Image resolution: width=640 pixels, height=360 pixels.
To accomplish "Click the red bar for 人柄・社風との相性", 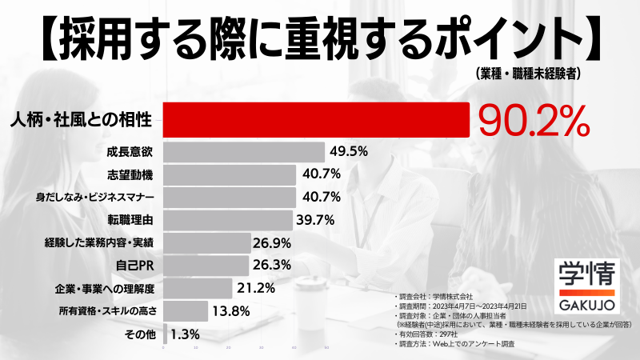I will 316,120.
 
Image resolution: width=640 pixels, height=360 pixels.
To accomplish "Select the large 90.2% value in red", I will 534,121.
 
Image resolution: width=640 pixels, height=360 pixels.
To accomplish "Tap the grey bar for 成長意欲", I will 244,151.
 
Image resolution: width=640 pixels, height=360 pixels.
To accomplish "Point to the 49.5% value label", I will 348,151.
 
